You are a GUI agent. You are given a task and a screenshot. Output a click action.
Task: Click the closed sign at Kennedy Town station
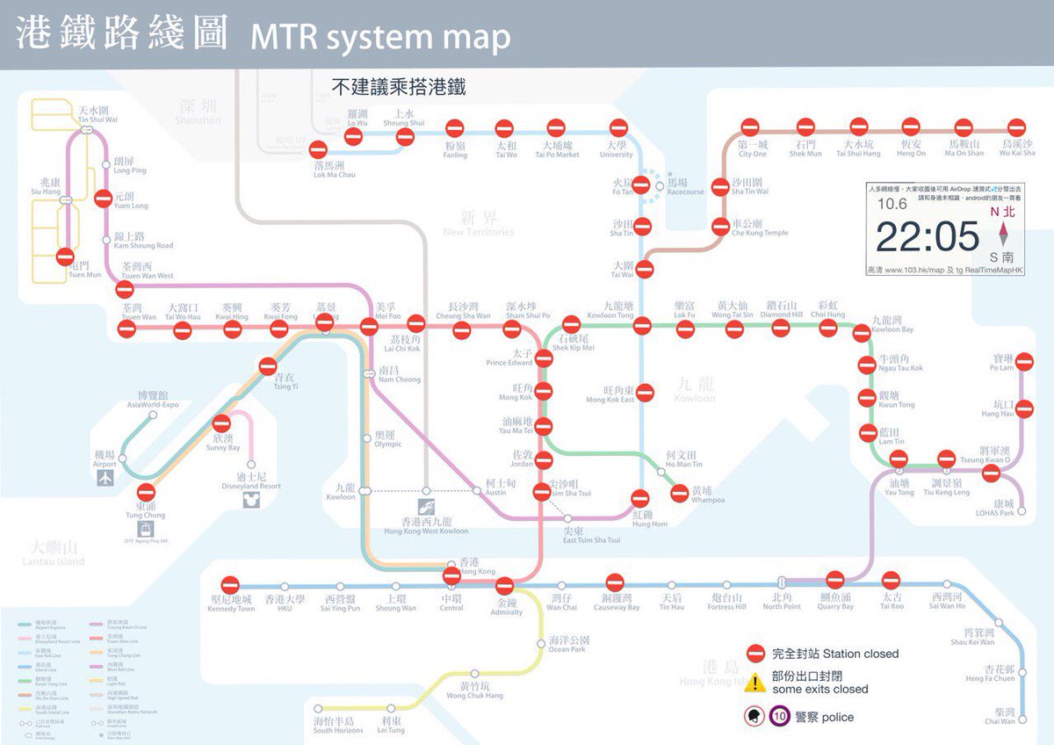click(x=230, y=584)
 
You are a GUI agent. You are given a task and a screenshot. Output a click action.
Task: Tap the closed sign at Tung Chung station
click(x=146, y=493)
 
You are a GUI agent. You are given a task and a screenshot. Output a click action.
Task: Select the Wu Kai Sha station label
click(x=1018, y=148)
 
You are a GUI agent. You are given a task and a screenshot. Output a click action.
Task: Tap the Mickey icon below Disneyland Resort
click(x=251, y=500)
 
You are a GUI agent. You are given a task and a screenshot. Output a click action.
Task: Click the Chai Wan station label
click(x=1000, y=716)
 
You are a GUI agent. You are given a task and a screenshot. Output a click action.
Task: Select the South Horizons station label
click(x=337, y=726)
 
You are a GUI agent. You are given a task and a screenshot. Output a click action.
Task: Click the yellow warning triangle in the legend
click(x=754, y=684)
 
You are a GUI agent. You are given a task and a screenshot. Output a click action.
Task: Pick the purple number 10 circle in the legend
click(x=780, y=717)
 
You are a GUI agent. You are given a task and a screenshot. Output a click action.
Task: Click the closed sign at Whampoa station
click(x=679, y=493)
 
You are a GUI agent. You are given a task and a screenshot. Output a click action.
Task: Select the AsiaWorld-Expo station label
click(x=152, y=400)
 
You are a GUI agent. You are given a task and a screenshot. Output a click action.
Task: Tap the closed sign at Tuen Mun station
click(x=65, y=257)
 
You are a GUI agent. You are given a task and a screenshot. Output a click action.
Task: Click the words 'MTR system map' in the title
click(x=379, y=37)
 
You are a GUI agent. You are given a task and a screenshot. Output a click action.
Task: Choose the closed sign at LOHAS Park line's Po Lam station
click(x=1024, y=362)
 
